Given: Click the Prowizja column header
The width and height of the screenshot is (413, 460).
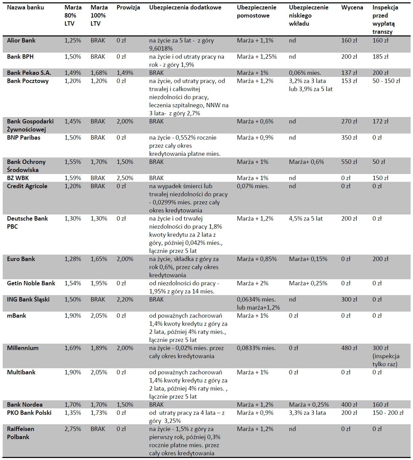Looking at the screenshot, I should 128,7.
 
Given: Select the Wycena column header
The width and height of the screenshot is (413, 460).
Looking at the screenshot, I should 352,7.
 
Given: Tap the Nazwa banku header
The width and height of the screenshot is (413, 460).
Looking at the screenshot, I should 25,7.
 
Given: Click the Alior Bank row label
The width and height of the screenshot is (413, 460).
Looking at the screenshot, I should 21,40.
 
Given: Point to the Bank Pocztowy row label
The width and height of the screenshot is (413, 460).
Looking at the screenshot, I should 28,81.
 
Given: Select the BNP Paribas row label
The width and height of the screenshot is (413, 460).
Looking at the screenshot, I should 24,138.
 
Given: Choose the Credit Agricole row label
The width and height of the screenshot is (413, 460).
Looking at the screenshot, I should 27,186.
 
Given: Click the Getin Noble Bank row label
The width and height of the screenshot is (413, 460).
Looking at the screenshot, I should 31,283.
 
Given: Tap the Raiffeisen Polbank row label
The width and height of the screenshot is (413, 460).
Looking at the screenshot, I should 21,433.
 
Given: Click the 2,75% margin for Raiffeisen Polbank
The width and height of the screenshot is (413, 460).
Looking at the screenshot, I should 73,429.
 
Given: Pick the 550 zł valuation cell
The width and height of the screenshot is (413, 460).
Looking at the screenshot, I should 349,162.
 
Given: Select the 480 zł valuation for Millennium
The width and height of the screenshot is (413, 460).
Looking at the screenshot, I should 349,348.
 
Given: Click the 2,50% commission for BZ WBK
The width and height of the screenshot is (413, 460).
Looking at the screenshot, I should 125,178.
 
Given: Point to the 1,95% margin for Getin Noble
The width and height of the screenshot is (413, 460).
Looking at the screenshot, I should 99,283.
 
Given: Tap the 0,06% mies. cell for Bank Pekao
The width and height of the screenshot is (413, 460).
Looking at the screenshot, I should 305,73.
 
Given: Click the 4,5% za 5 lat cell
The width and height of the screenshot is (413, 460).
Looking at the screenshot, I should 306,219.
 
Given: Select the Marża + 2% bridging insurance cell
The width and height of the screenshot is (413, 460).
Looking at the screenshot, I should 253,283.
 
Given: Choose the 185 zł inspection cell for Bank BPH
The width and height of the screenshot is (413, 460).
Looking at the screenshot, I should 380,57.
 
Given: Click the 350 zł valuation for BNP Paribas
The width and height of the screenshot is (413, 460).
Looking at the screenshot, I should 349,138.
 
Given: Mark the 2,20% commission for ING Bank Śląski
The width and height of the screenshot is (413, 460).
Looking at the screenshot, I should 125,299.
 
